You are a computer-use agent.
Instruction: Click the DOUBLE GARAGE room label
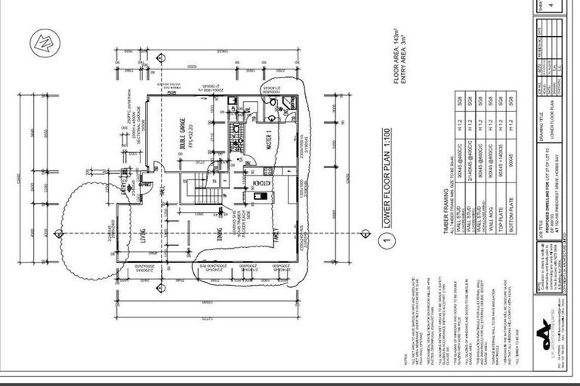click(180, 136)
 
